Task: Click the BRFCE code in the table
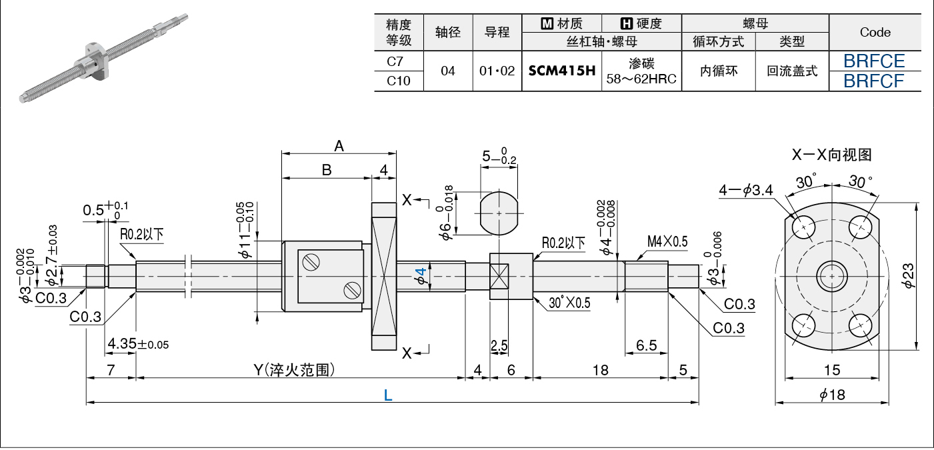tap(874, 61)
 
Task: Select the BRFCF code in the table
tap(873, 81)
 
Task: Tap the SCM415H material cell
tap(561, 71)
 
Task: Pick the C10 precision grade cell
tap(399, 81)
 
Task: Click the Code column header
tap(875, 32)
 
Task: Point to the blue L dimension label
tap(388, 395)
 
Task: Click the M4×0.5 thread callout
tap(667, 241)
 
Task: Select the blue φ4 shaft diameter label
tap(421, 276)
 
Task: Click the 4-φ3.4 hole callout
tap(746, 191)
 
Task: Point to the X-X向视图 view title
tap(832, 155)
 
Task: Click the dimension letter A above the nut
tap(339, 146)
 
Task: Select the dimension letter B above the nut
tap(327, 170)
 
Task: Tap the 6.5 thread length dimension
tap(646, 345)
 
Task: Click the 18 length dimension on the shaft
tap(601, 370)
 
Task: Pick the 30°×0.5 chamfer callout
tap(569, 303)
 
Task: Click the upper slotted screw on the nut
tap(311, 262)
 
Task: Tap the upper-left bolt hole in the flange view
tap(803, 227)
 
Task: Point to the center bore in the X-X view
tap(832, 276)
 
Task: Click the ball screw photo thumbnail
tap(103, 58)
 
